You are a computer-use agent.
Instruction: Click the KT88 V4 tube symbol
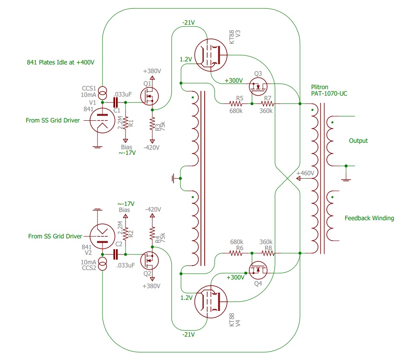(211, 302)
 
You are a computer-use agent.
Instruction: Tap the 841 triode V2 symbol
(102, 238)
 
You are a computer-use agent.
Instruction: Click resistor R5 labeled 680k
(236, 104)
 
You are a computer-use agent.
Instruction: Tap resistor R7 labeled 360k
(267, 104)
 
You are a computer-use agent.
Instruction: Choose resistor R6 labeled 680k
(236, 253)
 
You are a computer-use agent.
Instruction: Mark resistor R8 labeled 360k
(267, 253)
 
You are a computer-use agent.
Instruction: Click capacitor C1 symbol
(116, 103)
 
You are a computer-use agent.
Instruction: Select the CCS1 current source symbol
(103, 92)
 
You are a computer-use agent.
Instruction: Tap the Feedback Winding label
(369, 218)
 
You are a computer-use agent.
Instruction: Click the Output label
(358, 141)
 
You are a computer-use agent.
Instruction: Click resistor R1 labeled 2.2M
(125, 122)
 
